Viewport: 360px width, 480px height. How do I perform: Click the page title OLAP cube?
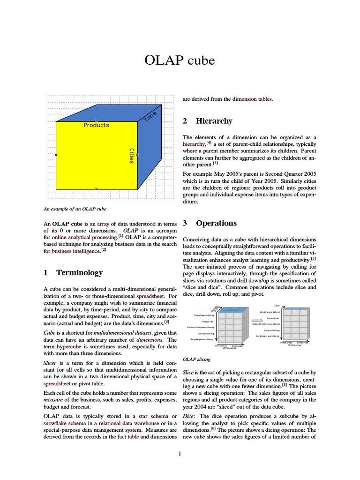pos(180,61)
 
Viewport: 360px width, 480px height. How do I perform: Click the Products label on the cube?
pos(96,125)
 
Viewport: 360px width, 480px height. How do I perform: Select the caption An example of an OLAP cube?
pos(75,209)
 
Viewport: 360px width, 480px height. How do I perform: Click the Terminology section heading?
pos(79,272)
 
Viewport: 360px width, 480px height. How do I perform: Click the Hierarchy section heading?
pos(214,121)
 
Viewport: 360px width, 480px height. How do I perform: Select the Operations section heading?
pos(216,223)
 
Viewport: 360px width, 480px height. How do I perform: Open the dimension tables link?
pos(252,99)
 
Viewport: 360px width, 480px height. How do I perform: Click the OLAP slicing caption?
pos(196,359)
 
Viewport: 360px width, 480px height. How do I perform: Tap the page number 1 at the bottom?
pos(180,453)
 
